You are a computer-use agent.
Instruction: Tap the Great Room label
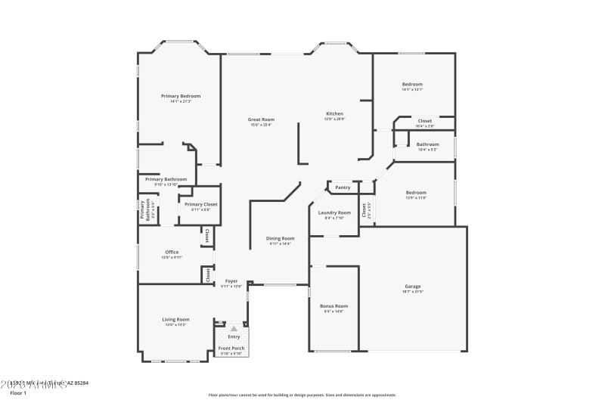click(261, 119)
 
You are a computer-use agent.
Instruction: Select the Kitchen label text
click(334, 113)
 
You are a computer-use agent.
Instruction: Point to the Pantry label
click(343, 187)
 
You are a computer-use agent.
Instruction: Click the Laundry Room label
click(334, 212)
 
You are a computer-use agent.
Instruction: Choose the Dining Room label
click(280, 238)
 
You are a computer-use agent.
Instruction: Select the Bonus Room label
click(334, 305)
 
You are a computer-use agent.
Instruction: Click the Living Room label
click(175, 319)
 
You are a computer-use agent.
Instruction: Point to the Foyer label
click(231, 281)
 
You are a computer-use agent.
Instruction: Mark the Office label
click(172, 252)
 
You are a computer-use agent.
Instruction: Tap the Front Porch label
click(231, 348)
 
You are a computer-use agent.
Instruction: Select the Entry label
click(234, 336)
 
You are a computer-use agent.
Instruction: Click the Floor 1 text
click(18, 393)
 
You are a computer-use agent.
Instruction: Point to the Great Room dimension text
click(261, 125)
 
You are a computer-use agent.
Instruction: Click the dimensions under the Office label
click(172, 257)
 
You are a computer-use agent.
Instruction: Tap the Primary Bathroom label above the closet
click(166, 179)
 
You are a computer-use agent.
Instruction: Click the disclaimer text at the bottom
click(302, 394)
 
